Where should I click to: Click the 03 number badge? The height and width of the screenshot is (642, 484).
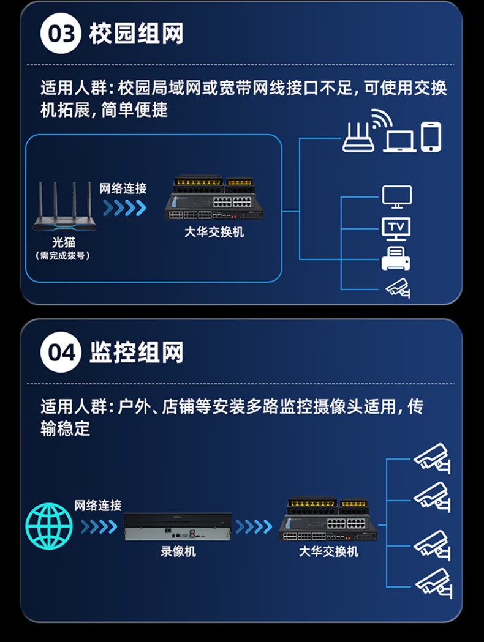pyautogui.click(x=61, y=34)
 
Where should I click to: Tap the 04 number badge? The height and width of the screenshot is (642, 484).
pyautogui.click(x=61, y=352)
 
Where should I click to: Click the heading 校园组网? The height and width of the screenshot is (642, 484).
pyautogui.click(x=136, y=34)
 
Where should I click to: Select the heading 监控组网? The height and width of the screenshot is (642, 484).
pyautogui.click(x=136, y=352)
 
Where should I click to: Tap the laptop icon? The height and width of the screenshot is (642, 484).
pyautogui.click(x=399, y=141)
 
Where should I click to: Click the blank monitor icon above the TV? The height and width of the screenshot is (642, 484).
pyautogui.click(x=397, y=197)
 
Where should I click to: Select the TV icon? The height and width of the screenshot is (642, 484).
pyautogui.click(x=396, y=229)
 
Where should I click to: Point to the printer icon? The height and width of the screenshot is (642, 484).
pyautogui.click(x=396, y=258)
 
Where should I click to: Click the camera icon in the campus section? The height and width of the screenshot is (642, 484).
pyautogui.click(x=398, y=288)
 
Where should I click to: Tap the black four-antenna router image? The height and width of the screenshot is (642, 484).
pyautogui.click(x=65, y=206)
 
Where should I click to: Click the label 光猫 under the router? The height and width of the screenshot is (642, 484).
pyautogui.click(x=64, y=242)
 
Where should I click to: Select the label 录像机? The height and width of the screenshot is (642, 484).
pyautogui.click(x=178, y=551)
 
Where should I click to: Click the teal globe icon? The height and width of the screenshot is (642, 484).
pyautogui.click(x=49, y=526)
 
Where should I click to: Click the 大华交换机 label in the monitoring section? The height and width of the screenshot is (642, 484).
pyautogui.click(x=328, y=551)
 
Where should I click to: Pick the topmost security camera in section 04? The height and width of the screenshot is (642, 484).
pyautogui.click(x=432, y=458)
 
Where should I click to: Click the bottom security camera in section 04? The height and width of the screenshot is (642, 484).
pyautogui.click(x=434, y=583)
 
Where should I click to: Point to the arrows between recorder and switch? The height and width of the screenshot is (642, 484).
pyautogui.click(x=254, y=526)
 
